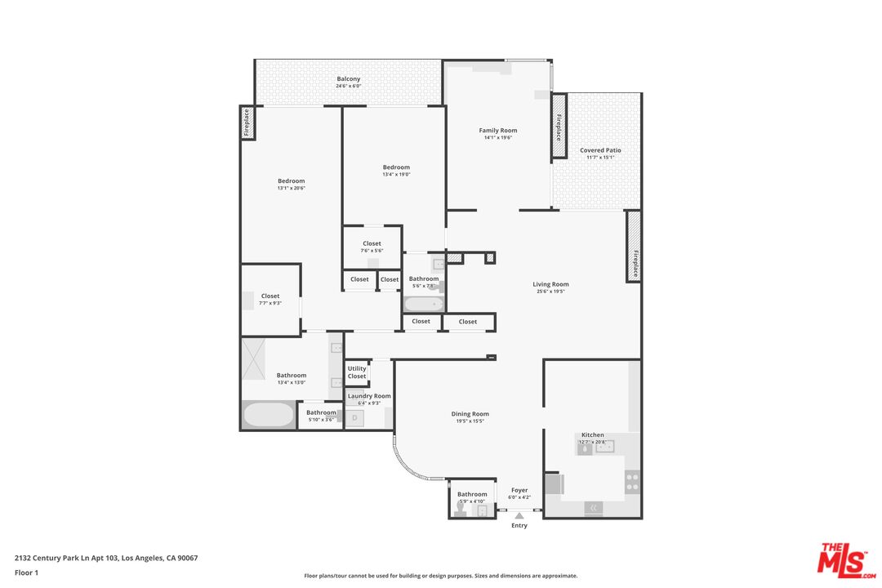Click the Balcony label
point(349,79)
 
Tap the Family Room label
point(497,131)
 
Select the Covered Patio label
point(600,150)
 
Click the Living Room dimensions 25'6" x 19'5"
point(550,292)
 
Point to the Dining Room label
point(470,414)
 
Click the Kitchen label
point(592,435)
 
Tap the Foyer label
point(519,490)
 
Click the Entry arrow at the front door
point(519,515)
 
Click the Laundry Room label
point(369,396)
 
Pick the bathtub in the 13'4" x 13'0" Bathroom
point(268,415)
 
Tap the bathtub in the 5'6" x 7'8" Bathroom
point(423,305)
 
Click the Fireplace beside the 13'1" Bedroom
point(246,123)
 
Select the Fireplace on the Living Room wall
point(634,246)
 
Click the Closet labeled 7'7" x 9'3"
point(270,296)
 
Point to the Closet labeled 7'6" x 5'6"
point(372,243)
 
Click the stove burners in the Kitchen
point(632,482)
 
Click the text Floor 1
point(26,572)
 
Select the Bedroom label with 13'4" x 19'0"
point(396,167)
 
